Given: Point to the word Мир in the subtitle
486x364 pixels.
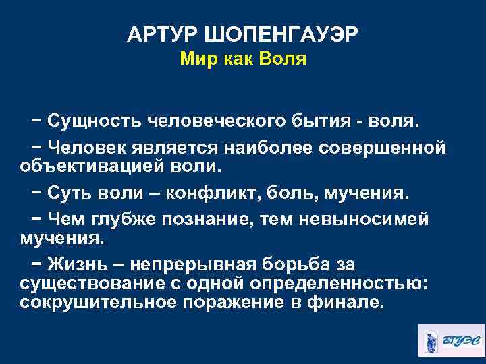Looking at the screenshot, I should (x=196, y=60).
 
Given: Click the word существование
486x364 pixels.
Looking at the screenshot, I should (x=88, y=281).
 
